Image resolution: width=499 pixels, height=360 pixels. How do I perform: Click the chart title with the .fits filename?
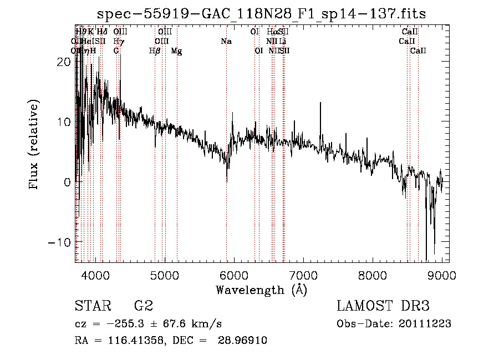[261, 14]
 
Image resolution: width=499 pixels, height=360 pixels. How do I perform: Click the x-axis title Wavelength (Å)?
[261, 290]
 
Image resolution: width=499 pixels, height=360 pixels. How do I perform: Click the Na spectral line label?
[226, 41]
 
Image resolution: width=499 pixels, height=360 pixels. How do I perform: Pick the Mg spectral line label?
[176, 51]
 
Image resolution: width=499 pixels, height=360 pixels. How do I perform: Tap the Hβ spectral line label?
[155, 51]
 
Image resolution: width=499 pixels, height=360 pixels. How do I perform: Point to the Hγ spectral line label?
[118, 41]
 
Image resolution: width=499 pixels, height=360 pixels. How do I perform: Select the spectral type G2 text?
[143, 306]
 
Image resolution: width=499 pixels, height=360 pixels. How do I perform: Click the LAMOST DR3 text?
[383, 306]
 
